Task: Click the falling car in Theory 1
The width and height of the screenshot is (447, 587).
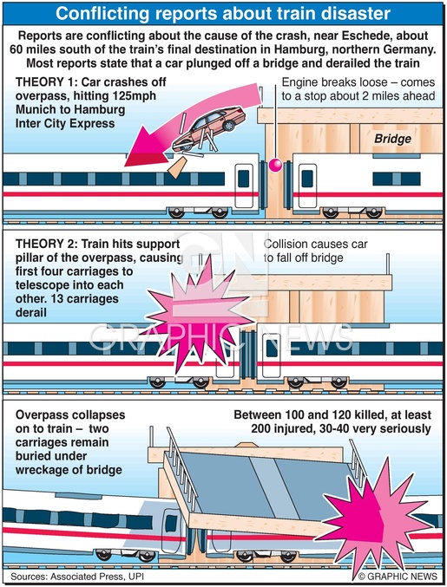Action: (209, 129)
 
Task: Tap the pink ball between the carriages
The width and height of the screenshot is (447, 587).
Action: (275, 165)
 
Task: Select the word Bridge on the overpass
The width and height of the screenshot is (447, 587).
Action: (392, 139)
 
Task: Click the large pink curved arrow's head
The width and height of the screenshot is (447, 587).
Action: (145, 147)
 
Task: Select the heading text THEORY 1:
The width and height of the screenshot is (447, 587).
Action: (46, 82)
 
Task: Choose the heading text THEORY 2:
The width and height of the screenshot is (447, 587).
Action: (47, 245)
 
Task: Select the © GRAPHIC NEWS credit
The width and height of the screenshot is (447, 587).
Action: (398, 576)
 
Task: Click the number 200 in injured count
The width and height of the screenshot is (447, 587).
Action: (261, 428)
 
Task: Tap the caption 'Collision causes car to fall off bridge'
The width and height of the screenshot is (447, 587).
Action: (315, 251)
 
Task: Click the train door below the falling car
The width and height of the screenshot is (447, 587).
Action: (244, 185)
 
